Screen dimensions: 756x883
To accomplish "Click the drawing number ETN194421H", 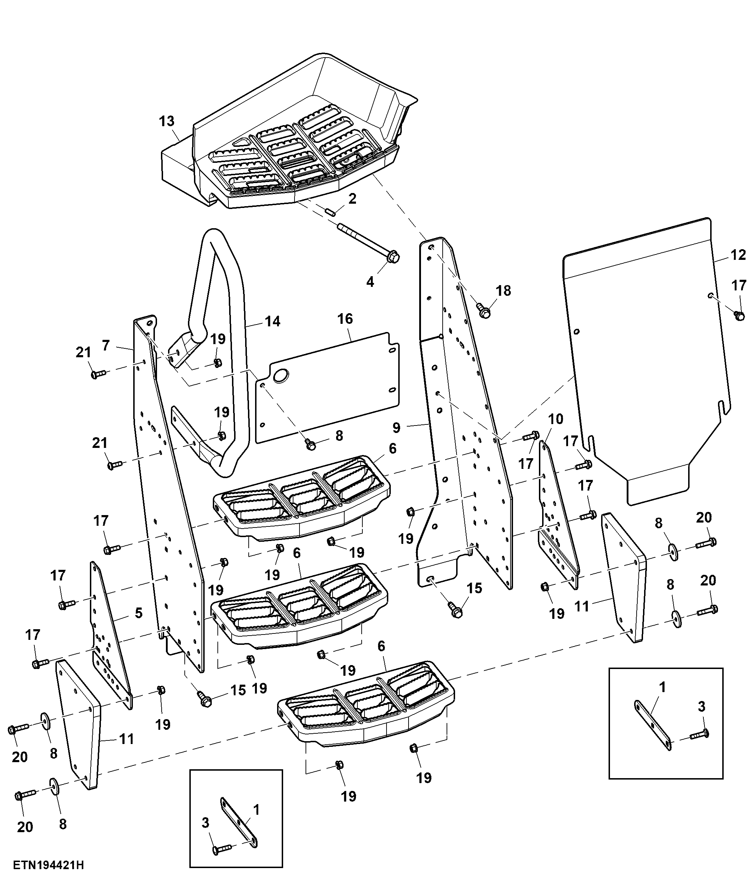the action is pos(48,865).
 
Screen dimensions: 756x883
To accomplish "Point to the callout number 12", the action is pos(738,255).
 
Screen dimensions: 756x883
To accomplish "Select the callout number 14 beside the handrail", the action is pos(272,321).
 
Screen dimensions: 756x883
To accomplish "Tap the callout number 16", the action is pos(345,319).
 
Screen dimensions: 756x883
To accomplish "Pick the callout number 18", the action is pos(503,291).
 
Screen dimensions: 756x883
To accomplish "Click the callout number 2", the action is pos(352,199).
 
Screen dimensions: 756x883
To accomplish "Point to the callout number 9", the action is pos(396,427).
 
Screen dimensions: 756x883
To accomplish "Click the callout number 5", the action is pos(139,613).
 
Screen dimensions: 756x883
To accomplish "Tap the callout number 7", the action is pos(106,345).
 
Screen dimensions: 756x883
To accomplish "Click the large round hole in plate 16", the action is pos(281,375).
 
